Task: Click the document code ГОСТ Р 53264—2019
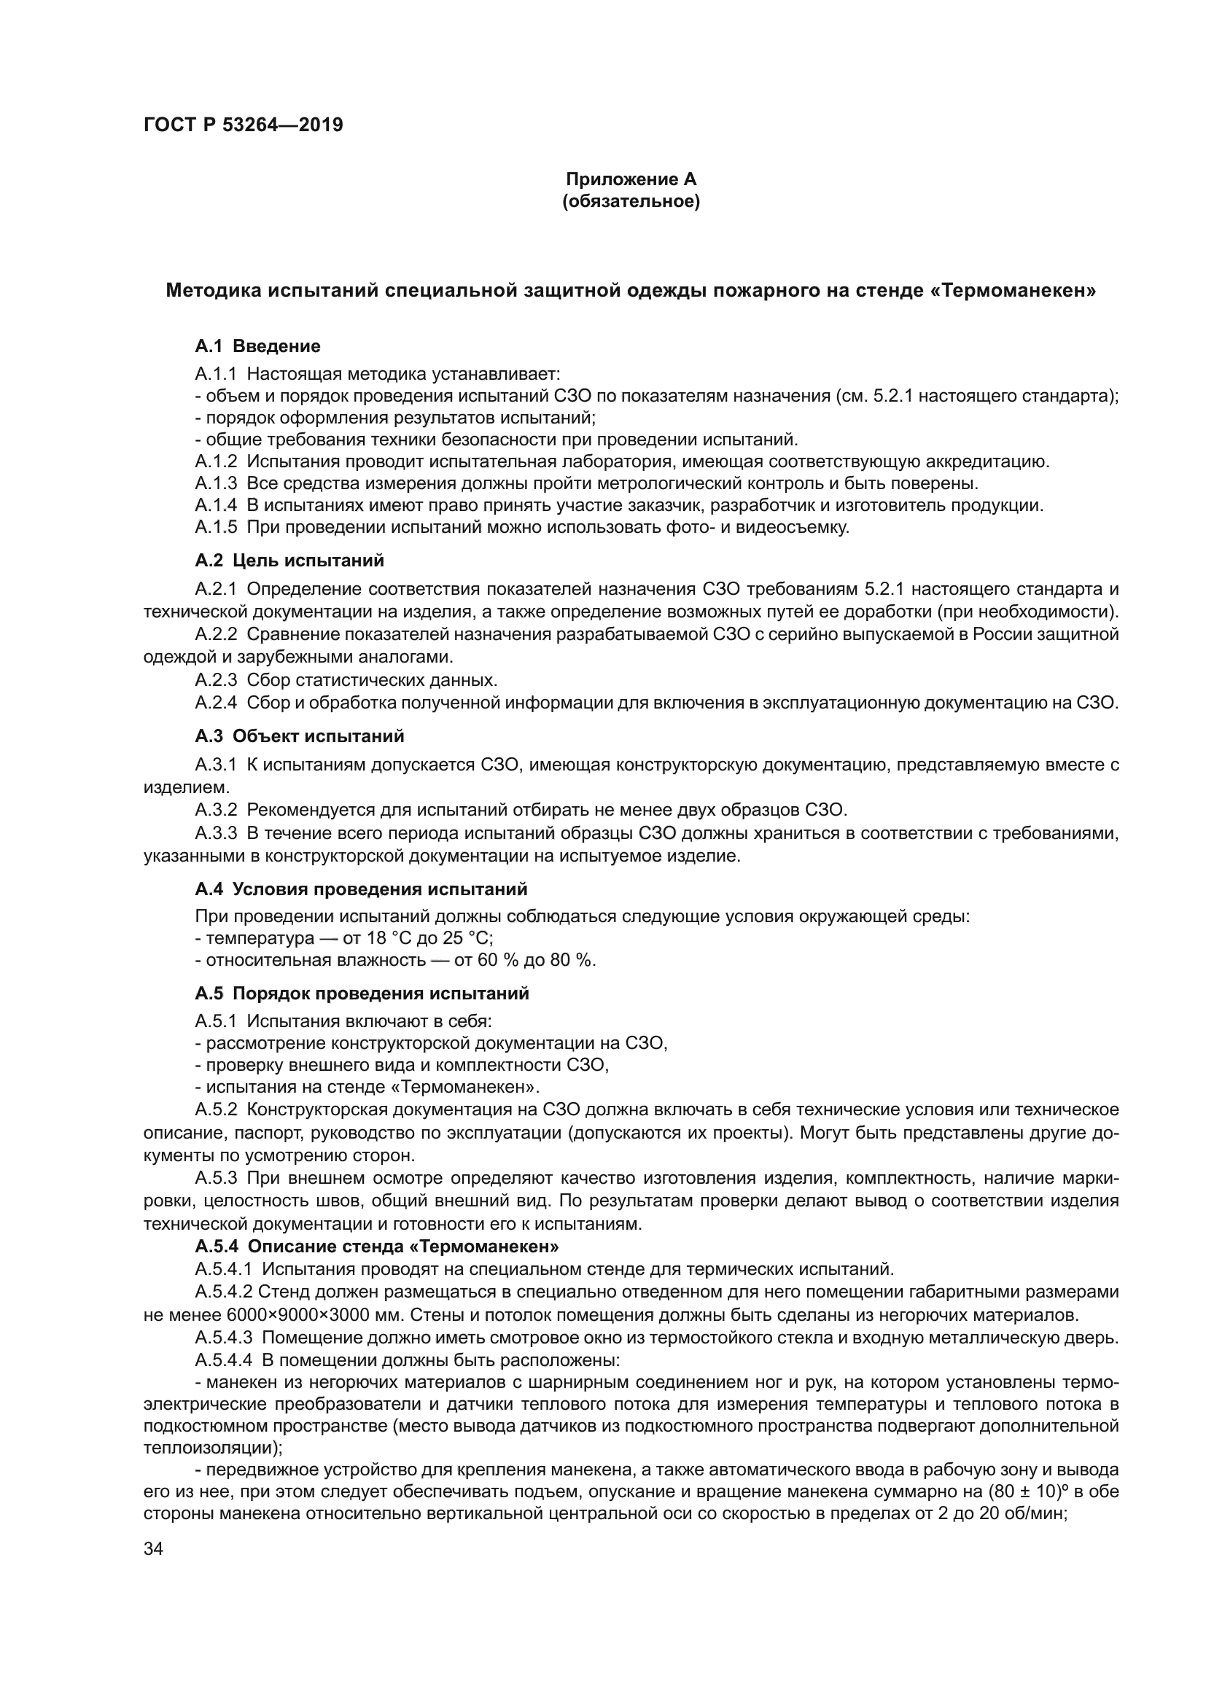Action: [243, 125]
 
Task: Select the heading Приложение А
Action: [631, 179]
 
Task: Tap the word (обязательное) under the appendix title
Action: [631, 201]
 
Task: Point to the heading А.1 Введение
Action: [257, 346]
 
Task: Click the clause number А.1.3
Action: [216, 483]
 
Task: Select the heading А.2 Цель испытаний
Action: [289, 561]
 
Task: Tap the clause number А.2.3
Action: [216, 680]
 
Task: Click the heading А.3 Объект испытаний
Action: [299, 736]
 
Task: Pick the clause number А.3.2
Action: [216, 808]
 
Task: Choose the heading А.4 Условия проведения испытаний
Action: [361, 889]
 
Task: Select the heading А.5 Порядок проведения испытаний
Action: [362, 994]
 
